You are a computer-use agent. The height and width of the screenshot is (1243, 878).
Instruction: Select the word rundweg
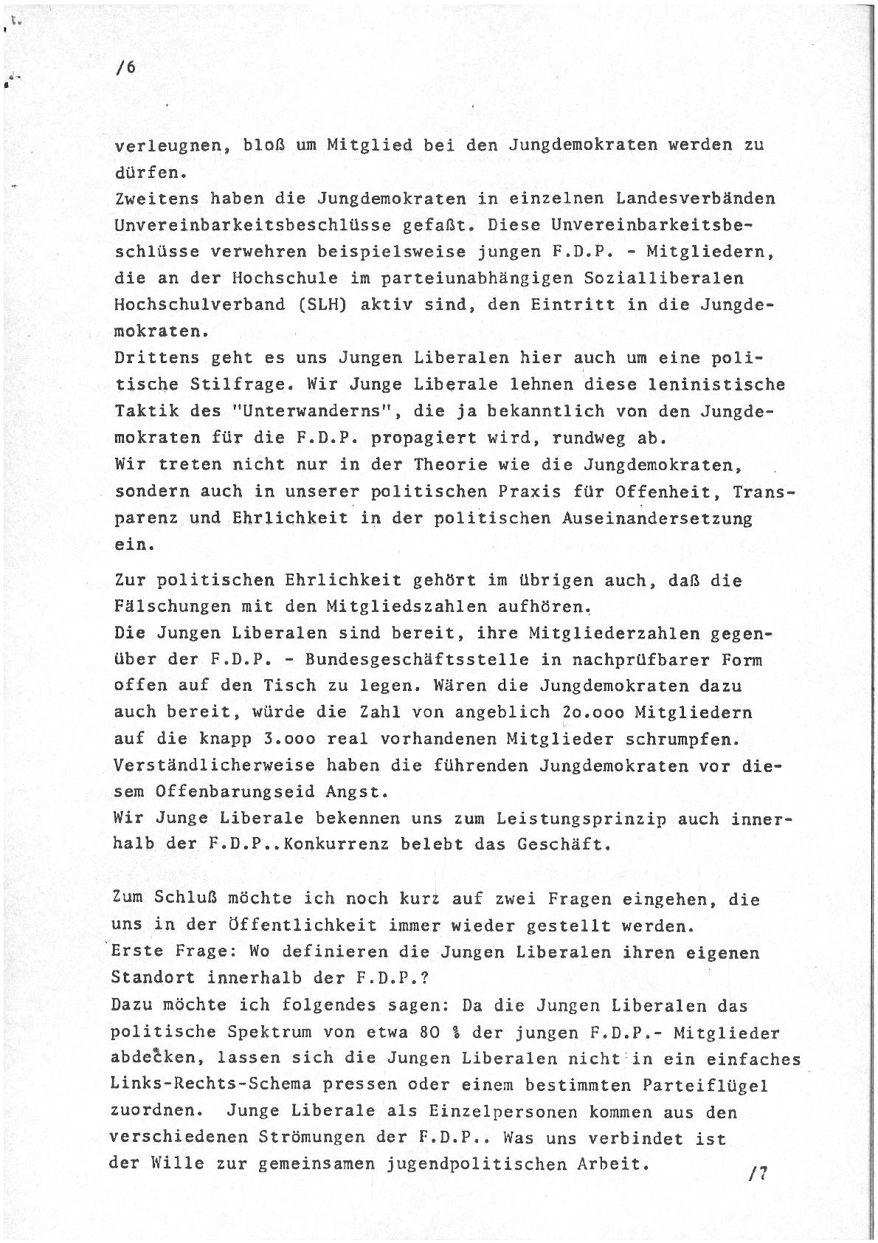[x=596, y=438]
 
